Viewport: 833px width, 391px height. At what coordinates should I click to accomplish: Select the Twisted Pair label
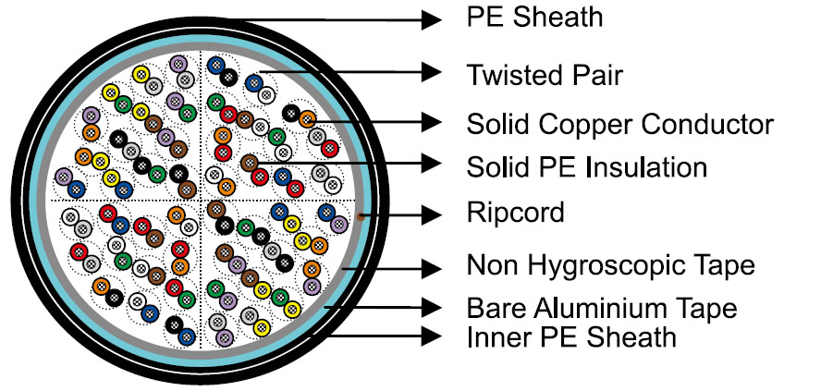[x=545, y=74]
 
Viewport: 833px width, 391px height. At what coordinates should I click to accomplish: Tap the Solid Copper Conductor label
[x=619, y=123]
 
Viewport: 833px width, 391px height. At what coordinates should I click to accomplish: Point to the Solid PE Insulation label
[x=587, y=167]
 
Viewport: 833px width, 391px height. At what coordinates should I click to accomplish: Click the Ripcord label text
[x=515, y=214]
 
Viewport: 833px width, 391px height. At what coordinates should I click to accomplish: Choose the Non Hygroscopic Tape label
[x=610, y=266]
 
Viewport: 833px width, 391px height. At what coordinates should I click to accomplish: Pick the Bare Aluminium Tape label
[x=602, y=308]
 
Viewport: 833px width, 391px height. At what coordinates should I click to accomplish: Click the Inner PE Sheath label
[x=571, y=337]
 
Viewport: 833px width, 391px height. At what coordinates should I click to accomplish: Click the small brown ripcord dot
[x=359, y=216]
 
